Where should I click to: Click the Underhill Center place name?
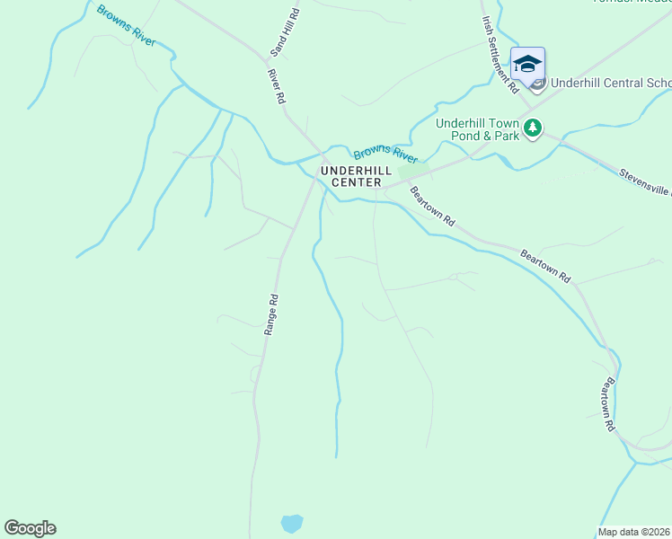coord(357,174)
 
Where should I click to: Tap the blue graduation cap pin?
coord(527,64)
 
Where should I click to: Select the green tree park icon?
coord(534,128)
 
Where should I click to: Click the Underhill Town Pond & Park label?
coord(478,129)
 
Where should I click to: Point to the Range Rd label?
coord(270,315)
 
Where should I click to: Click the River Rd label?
coord(276,86)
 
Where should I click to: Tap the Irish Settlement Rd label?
coord(500,53)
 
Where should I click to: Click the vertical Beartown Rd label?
coord(610,404)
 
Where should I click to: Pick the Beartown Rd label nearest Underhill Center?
coord(432,207)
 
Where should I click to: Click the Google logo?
coord(30,528)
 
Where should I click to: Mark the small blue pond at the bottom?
coord(291,523)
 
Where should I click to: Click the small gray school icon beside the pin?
coord(537,84)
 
